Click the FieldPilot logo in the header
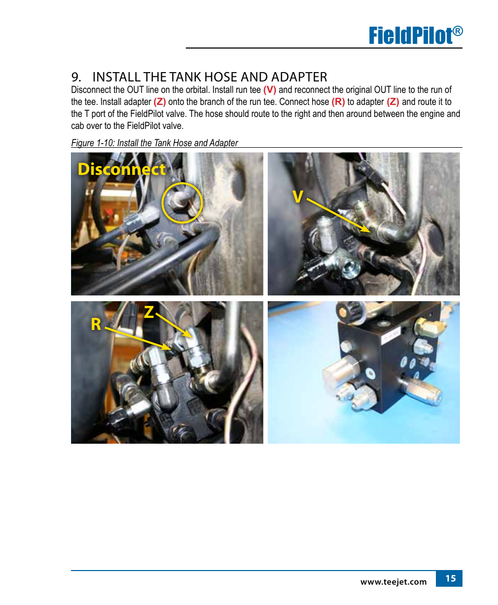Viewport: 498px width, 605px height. click(x=415, y=35)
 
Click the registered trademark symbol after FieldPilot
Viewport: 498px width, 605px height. click(x=457, y=31)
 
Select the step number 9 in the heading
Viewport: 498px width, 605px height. click(x=76, y=77)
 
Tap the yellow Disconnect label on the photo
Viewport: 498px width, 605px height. click(x=122, y=169)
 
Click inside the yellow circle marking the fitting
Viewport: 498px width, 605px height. click(x=182, y=203)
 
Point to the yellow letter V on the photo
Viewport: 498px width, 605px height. click(x=298, y=197)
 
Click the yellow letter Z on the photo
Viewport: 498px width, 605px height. click(x=149, y=312)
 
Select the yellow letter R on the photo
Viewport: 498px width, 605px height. click(x=96, y=324)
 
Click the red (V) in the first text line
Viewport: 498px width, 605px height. click(x=270, y=90)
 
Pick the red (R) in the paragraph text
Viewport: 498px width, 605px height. click(x=338, y=102)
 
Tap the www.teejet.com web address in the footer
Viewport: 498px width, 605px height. click(x=394, y=582)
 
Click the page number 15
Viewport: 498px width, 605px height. click(x=450, y=578)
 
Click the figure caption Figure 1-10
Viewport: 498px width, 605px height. click(x=155, y=143)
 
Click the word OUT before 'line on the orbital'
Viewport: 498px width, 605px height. click(x=135, y=90)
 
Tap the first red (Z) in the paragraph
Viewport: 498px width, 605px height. click(x=160, y=102)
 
